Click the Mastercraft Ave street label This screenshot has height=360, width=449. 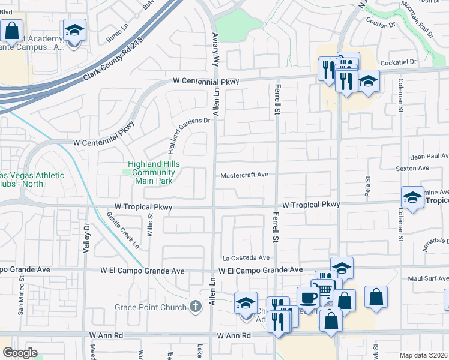(x=244, y=175)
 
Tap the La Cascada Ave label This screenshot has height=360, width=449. (x=246, y=257)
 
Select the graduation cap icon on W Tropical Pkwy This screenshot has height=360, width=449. (x=412, y=197)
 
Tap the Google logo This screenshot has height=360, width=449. (x=20, y=352)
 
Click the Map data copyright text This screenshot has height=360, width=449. (x=424, y=355)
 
